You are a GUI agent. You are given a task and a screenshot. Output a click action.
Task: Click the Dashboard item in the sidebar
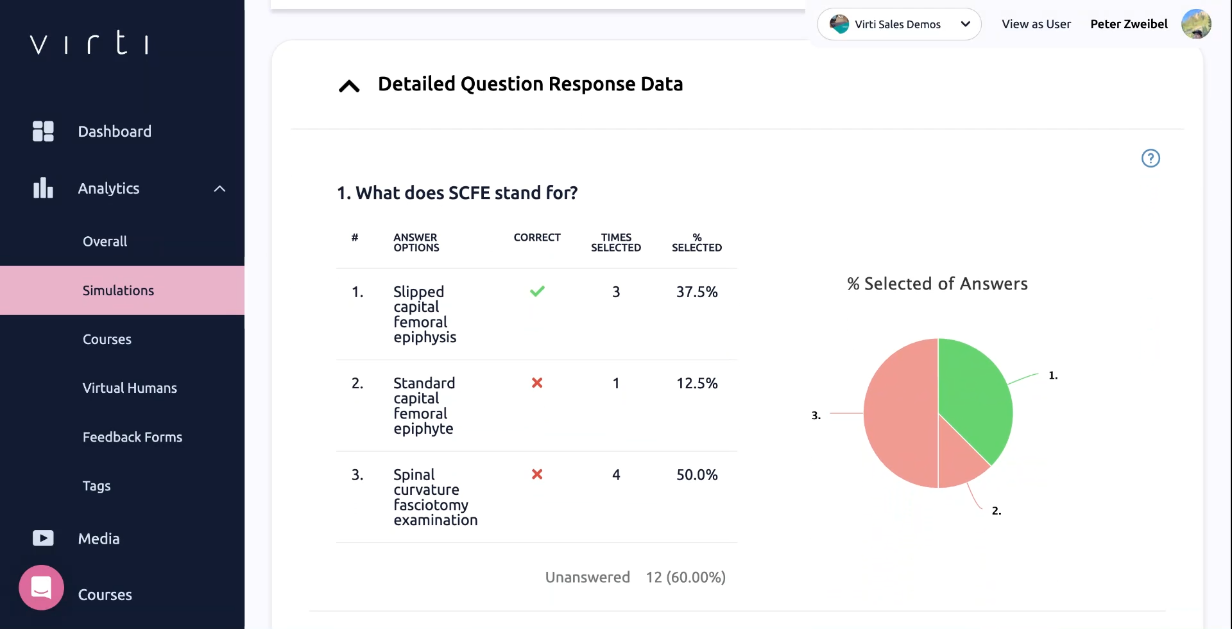point(114,132)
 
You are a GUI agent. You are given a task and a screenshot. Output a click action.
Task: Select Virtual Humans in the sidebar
point(130,388)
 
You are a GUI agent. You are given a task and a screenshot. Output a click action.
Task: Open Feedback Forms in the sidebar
point(132,437)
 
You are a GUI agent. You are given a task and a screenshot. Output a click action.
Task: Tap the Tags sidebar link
point(96,486)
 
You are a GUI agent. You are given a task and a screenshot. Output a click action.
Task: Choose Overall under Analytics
point(105,241)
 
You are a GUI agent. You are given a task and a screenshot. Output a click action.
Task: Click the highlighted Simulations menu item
point(118,291)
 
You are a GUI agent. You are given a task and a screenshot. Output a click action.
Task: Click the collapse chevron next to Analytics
point(219,189)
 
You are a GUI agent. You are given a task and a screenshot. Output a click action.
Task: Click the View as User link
point(1036,24)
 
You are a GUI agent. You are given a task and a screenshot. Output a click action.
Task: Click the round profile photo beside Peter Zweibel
point(1196,24)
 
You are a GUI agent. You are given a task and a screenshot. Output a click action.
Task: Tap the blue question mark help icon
point(1151,158)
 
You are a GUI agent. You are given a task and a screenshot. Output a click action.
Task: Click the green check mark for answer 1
point(537,291)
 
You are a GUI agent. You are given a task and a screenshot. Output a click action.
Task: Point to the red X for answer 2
point(537,383)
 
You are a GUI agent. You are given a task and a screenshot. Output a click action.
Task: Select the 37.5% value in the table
point(697,292)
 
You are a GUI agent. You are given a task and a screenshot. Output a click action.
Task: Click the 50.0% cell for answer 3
point(697,475)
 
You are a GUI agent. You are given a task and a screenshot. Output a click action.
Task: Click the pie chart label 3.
point(816,416)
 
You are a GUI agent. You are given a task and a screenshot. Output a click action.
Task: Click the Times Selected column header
point(615,243)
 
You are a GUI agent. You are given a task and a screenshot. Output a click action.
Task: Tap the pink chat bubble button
point(42,587)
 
